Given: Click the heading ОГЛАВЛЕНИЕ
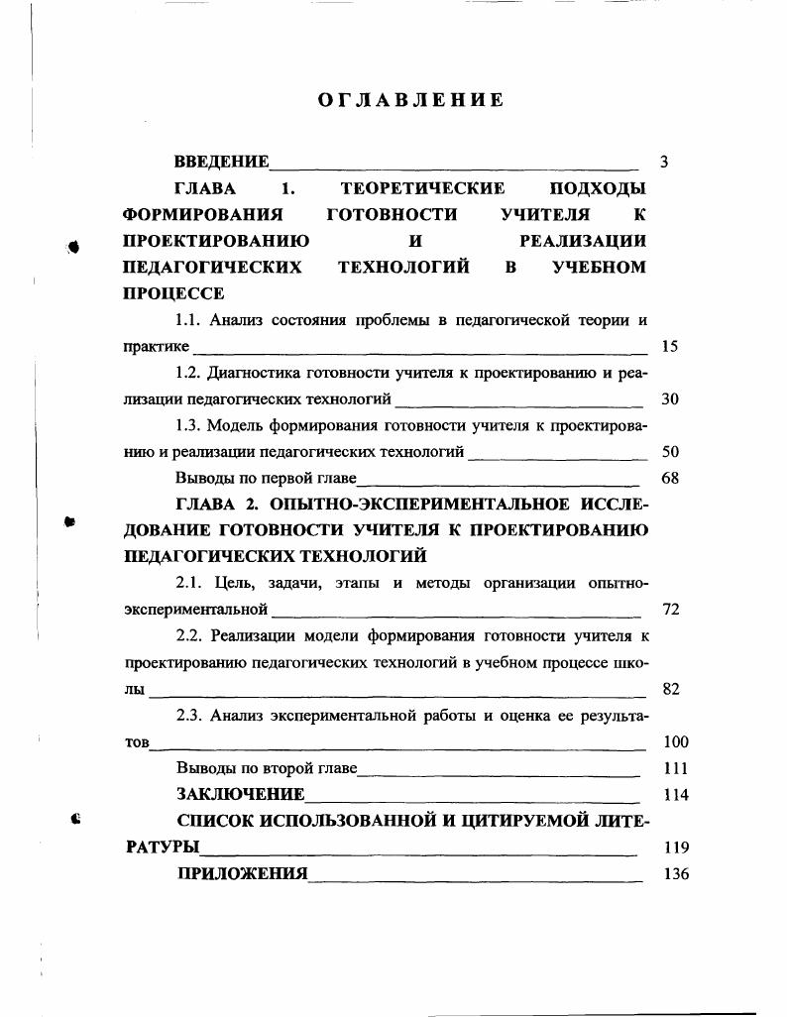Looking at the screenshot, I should [410, 100].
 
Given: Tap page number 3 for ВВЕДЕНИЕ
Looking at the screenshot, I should [663, 162].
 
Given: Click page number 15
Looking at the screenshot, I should [669, 347].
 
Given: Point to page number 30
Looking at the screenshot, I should [669, 399].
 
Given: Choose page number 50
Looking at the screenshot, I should [669, 452].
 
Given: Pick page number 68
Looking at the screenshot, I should [669, 478].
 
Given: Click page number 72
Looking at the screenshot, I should [669, 609].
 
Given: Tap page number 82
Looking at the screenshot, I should [669, 689].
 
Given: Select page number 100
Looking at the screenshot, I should [674, 741].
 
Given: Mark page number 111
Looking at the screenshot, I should [674, 768].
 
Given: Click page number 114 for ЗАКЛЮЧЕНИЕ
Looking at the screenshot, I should [674, 795].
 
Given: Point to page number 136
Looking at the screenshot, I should [674, 874].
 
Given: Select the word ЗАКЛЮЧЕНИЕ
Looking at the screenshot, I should [241, 795].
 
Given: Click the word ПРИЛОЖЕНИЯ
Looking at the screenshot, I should [242, 874].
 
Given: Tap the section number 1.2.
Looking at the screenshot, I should [188, 374].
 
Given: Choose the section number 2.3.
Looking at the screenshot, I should [189, 716].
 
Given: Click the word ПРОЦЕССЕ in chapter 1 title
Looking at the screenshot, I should [173, 293].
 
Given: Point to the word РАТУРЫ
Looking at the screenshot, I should [162, 847].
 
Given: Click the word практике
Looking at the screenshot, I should [156, 347].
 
